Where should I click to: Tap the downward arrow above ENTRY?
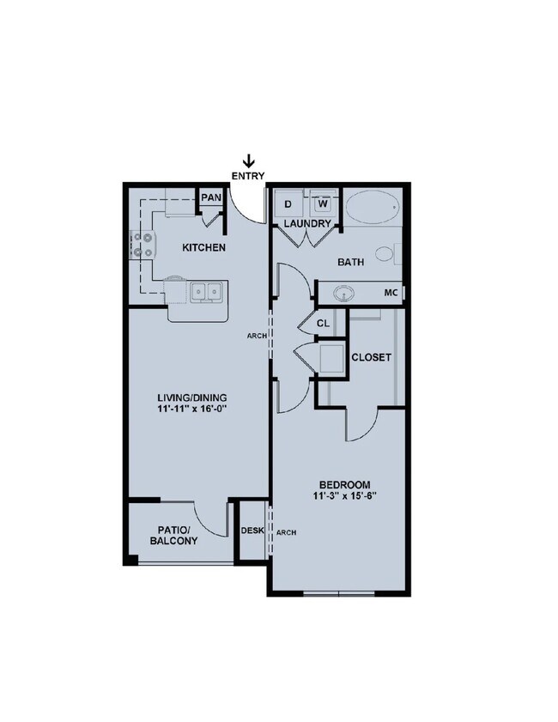[x=249, y=160]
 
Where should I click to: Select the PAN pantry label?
[x=211, y=198]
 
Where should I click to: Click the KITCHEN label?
[x=203, y=248]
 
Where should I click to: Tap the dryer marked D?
[x=288, y=203]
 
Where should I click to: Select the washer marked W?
[x=323, y=203]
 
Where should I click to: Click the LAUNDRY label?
[x=307, y=224]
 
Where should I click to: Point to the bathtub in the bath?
[x=372, y=207]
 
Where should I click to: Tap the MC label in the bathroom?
[x=391, y=293]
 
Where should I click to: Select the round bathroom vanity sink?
[x=345, y=294]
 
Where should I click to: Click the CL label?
[x=323, y=325]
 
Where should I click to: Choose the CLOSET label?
[x=372, y=356]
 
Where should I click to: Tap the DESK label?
[x=252, y=531]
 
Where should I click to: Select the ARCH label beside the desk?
[x=286, y=532]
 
